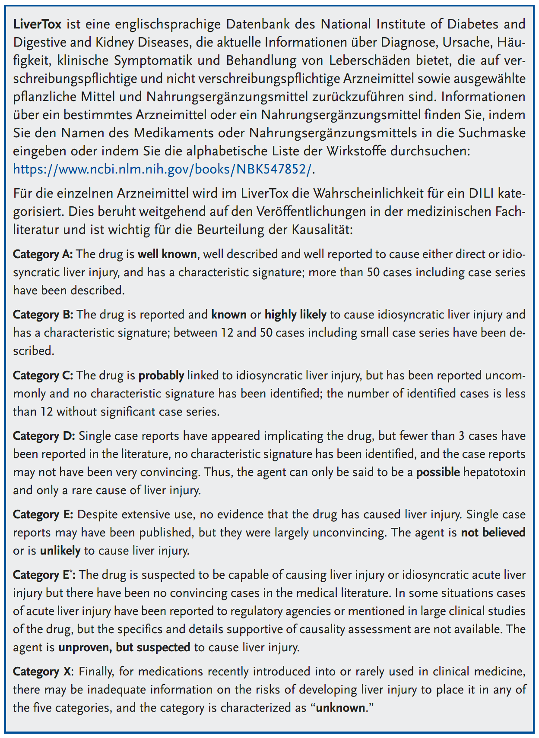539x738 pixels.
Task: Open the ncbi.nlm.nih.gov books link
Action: coord(162,169)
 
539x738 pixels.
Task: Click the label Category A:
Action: coord(43,254)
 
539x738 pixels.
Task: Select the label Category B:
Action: coord(43,314)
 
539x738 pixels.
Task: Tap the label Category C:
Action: coord(43,375)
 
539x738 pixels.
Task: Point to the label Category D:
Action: coord(43,436)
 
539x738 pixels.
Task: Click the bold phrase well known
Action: coord(167,254)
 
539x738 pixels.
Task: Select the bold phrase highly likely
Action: coord(295,314)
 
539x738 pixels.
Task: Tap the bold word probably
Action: coord(161,375)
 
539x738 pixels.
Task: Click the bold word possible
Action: coord(438,472)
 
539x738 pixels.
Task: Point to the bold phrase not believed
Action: coord(493,533)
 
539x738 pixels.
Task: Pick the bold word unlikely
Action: coord(60,551)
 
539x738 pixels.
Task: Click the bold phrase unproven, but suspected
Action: coord(124,647)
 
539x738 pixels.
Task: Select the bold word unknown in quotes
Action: coord(340,708)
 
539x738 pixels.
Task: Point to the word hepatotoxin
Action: coord(494,472)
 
